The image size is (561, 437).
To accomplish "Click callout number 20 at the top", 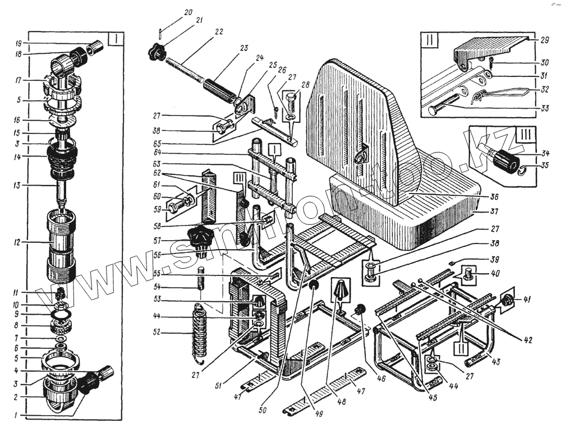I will tap(172, 12).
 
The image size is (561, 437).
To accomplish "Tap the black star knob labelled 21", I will tap(154, 53).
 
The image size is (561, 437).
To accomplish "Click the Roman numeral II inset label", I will tap(428, 41).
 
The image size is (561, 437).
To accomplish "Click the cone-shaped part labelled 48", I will tap(341, 290).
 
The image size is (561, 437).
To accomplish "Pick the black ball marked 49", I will tap(314, 286).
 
